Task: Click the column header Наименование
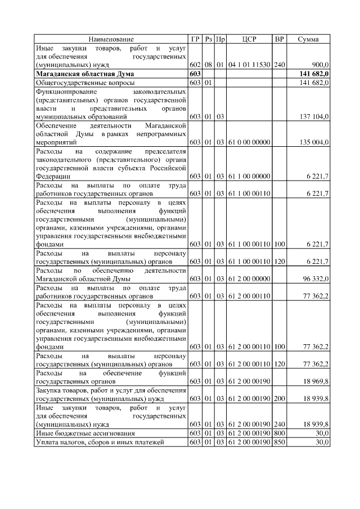point(111,39)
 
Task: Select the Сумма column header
point(308,39)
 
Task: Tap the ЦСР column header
point(249,39)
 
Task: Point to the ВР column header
point(279,39)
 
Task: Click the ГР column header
point(195,39)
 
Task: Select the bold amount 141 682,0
point(310,74)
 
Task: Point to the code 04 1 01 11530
point(249,65)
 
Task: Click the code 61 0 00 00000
point(249,142)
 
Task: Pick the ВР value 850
point(279,443)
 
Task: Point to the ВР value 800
point(279,434)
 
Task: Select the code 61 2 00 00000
point(249,278)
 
